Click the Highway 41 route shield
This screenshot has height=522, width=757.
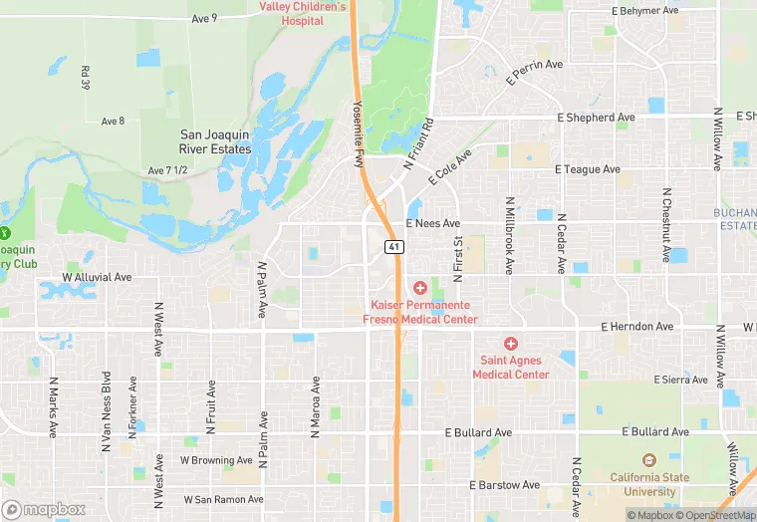[395, 246]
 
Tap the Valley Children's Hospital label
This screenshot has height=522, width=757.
[303, 13]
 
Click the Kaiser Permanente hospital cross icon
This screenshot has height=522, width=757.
[420, 288]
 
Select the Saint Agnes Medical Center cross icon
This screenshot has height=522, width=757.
[511, 344]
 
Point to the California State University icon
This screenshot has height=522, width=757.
[648, 460]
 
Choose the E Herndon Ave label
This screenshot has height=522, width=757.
[636, 327]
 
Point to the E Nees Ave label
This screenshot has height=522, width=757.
[432, 224]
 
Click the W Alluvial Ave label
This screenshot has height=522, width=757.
[97, 277]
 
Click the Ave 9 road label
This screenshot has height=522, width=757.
[204, 19]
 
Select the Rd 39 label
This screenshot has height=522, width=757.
[86, 78]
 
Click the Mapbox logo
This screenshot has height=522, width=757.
[44, 509]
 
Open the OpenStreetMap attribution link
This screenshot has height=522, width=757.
[717, 515]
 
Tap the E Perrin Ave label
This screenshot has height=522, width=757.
[536, 72]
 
